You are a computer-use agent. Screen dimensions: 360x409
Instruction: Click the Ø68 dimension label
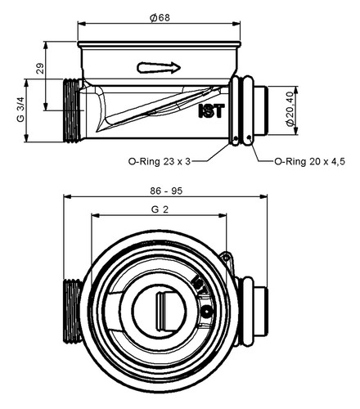(x=160, y=18)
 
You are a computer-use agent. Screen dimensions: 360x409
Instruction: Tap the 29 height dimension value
(x=40, y=69)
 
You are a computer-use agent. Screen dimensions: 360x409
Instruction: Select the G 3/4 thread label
(x=20, y=110)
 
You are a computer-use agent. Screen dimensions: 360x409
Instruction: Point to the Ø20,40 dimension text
(x=290, y=109)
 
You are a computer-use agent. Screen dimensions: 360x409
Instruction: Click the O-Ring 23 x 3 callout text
(x=160, y=161)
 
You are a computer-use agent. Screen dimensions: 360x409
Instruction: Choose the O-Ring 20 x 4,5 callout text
(x=310, y=161)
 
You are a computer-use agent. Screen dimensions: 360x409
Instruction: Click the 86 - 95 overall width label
(x=166, y=191)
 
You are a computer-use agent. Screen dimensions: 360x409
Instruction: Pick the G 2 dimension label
(x=160, y=209)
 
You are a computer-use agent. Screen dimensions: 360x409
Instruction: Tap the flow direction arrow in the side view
(x=159, y=68)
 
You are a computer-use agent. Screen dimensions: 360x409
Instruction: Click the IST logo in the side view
(x=211, y=111)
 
